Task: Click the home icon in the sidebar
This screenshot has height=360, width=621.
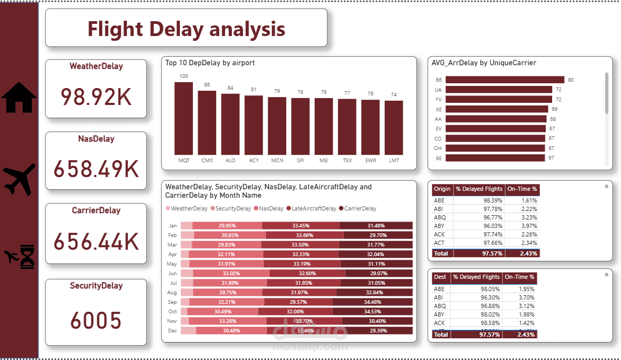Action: pos(19,98)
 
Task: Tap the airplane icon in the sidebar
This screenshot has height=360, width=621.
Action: pos(20,179)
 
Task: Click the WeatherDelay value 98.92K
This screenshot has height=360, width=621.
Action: pos(95,96)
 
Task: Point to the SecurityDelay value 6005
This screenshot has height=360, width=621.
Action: pos(95,320)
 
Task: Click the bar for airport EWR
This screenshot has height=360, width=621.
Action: pos(370,127)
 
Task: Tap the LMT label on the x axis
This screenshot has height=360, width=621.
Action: pos(394,160)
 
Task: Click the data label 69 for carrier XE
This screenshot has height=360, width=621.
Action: pos(554,109)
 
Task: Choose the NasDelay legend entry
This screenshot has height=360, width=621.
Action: pos(271,208)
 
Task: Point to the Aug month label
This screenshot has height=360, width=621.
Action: pos(172,292)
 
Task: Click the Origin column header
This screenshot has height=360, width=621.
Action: pos(442,189)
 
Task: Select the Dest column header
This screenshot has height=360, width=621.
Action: pos(440,277)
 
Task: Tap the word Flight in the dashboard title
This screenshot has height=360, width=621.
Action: pos(115,29)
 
